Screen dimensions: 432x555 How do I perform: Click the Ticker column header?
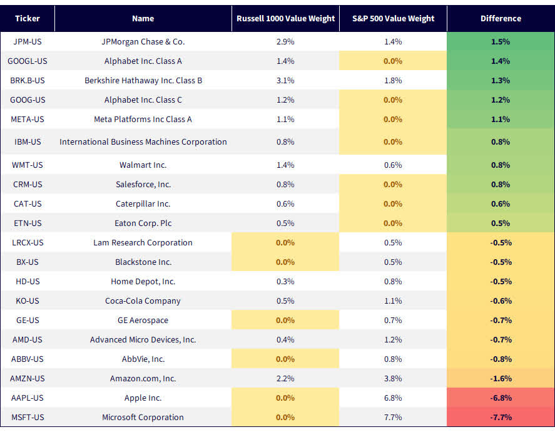[28, 19]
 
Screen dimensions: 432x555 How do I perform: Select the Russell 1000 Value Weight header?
[285, 19]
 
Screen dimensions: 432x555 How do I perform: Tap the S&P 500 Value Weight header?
[393, 19]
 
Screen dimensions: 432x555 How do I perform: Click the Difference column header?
[501, 19]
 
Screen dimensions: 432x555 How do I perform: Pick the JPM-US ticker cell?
[28, 42]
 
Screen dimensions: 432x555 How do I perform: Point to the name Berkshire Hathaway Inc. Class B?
[143, 81]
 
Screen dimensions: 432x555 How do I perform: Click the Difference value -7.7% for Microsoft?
[501, 418]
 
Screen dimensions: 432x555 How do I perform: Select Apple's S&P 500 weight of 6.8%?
[393, 398]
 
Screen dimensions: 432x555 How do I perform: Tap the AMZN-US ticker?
[28, 379]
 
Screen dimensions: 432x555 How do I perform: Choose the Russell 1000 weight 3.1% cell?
[285, 81]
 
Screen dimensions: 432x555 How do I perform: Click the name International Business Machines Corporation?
[143, 142]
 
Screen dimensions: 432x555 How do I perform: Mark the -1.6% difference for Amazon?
[501, 379]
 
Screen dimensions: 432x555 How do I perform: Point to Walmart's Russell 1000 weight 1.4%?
[285, 165]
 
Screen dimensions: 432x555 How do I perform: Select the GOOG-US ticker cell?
[28, 100]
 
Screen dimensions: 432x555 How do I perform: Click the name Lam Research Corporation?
[143, 243]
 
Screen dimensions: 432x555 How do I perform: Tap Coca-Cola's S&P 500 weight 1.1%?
[393, 301]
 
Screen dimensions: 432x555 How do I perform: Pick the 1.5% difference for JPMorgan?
[501, 42]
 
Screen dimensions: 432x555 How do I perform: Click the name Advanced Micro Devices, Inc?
[143, 340]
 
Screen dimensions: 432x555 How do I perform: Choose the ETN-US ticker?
[28, 224]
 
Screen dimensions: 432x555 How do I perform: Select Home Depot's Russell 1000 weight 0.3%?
[285, 282]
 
